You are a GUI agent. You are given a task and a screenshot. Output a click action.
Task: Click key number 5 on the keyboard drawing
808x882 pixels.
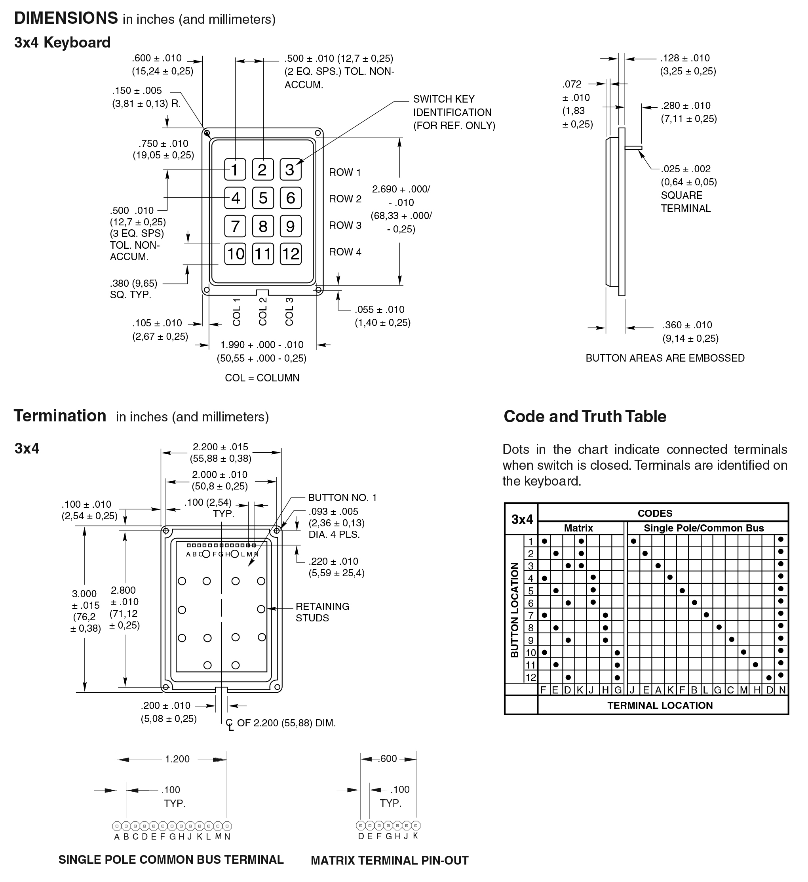[263, 198]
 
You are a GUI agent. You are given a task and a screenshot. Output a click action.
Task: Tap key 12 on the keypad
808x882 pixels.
[291, 254]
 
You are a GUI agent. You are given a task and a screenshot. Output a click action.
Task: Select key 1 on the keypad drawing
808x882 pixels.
[235, 170]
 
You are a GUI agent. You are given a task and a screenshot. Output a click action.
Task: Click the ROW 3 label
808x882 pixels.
[345, 225]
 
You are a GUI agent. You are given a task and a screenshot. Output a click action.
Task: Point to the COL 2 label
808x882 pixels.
[263, 312]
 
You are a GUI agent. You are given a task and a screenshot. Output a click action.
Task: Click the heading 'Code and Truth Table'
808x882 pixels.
[585, 417]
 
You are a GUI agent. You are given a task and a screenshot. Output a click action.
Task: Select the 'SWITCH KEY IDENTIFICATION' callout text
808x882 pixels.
[454, 112]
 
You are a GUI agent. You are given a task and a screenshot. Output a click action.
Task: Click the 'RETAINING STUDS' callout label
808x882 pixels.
[322, 612]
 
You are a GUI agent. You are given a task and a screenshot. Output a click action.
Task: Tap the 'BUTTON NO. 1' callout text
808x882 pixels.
[342, 497]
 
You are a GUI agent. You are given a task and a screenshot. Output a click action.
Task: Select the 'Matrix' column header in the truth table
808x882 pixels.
[578, 528]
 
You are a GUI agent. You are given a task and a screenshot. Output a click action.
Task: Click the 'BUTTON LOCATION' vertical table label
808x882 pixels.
[515, 610]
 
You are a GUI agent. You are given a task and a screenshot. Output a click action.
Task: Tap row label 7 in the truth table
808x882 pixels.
[530, 615]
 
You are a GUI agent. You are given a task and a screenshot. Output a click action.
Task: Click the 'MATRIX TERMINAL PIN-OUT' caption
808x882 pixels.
[389, 861]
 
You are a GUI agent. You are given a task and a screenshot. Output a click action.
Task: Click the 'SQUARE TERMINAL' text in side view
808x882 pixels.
[685, 202]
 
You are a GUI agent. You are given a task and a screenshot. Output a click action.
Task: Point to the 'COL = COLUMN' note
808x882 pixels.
[262, 377]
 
